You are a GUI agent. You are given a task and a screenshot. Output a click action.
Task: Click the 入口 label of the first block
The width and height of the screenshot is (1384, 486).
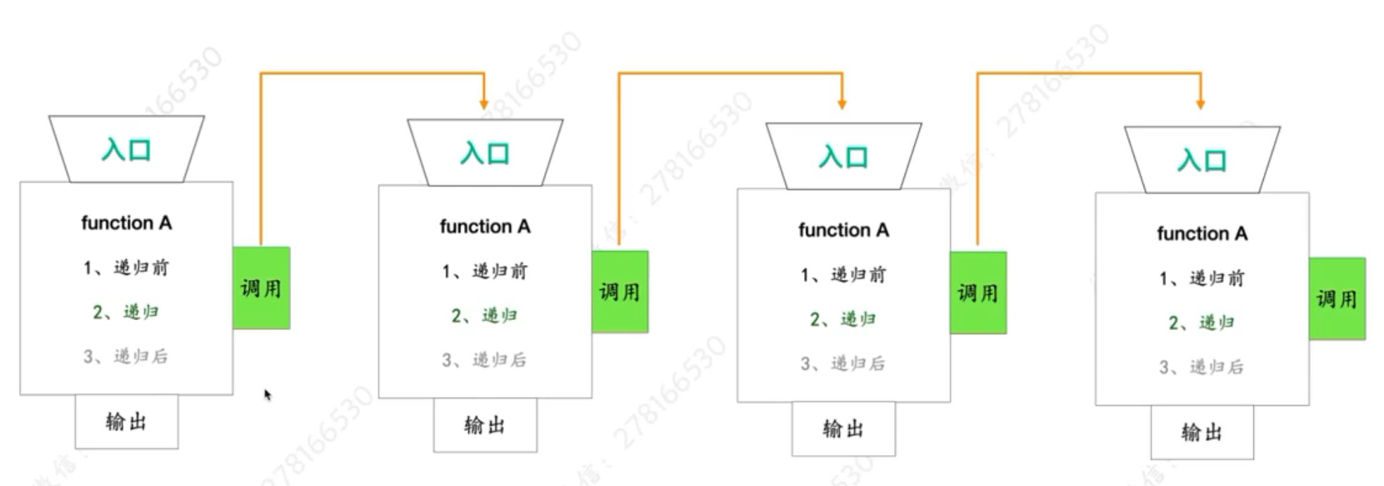pyautogui.click(x=127, y=150)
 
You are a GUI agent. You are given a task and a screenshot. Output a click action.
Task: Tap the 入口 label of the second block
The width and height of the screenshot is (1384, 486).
pyautogui.click(x=485, y=153)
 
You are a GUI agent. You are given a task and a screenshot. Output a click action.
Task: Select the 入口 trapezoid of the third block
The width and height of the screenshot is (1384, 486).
pyautogui.click(x=843, y=156)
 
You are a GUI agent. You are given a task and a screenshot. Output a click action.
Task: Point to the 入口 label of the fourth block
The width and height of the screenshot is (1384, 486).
pyautogui.click(x=1202, y=160)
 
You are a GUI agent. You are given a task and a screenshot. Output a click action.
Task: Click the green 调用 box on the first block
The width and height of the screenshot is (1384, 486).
pyautogui.click(x=261, y=288)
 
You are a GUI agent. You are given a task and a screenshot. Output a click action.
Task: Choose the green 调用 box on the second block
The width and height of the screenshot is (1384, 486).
pyautogui.click(x=620, y=291)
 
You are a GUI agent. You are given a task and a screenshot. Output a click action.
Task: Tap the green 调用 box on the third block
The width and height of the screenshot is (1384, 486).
pyautogui.click(x=978, y=293)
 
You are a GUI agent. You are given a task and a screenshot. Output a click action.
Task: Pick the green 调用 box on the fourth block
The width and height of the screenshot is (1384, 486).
pyautogui.click(x=1337, y=299)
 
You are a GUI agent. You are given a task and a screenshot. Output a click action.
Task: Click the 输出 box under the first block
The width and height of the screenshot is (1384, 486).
pyautogui.click(x=127, y=421)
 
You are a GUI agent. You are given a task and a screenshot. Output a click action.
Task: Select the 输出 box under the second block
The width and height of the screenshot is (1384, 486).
pyautogui.click(x=485, y=425)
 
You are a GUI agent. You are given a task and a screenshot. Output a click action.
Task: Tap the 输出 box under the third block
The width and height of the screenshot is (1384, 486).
pyautogui.click(x=843, y=428)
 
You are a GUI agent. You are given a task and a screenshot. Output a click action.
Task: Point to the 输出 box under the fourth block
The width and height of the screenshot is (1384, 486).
pyautogui.click(x=1202, y=432)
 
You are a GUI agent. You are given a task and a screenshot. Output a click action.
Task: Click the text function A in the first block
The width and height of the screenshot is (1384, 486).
pyautogui.click(x=127, y=223)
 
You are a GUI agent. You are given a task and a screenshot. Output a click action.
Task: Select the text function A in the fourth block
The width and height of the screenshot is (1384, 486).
pyautogui.click(x=1202, y=234)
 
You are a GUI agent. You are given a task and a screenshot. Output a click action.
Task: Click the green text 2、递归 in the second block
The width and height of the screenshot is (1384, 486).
pyautogui.click(x=484, y=316)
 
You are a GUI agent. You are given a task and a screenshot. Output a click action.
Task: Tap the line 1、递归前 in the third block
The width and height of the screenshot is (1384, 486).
pyautogui.click(x=843, y=275)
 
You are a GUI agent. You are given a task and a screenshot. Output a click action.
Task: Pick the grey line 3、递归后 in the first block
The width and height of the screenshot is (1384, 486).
pyautogui.click(x=126, y=357)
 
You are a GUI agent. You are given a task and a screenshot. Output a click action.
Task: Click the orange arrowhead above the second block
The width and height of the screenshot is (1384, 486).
pyautogui.click(x=484, y=104)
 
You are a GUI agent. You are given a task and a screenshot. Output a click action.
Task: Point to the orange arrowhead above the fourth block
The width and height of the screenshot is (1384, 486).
pyautogui.click(x=1201, y=104)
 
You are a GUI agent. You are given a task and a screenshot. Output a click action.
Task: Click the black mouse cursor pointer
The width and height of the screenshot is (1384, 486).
pyautogui.click(x=267, y=395)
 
